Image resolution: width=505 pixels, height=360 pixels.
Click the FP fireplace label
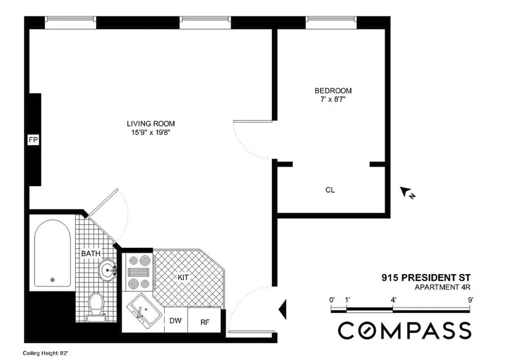point(33,140)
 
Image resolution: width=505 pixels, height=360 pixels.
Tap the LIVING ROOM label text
point(150,123)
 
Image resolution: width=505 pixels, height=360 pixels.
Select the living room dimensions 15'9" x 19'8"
point(150,132)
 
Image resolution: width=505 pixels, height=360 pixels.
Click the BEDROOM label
point(333,90)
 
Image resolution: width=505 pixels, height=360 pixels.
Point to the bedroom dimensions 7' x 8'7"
point(333,99)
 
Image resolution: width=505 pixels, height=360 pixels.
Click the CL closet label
point(330,190)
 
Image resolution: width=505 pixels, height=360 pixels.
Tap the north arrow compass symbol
point(407,193)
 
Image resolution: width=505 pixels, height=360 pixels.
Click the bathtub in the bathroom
point(53,254)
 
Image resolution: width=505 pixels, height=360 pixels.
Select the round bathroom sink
point(108,270)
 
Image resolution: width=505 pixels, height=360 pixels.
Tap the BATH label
point(91,254)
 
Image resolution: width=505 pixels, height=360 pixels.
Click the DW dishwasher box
point(175,321)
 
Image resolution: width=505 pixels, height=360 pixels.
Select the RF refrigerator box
point(204,322)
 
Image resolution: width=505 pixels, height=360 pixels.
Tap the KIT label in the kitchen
point(183,278)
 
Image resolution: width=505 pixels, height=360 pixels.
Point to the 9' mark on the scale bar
point(470,300)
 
